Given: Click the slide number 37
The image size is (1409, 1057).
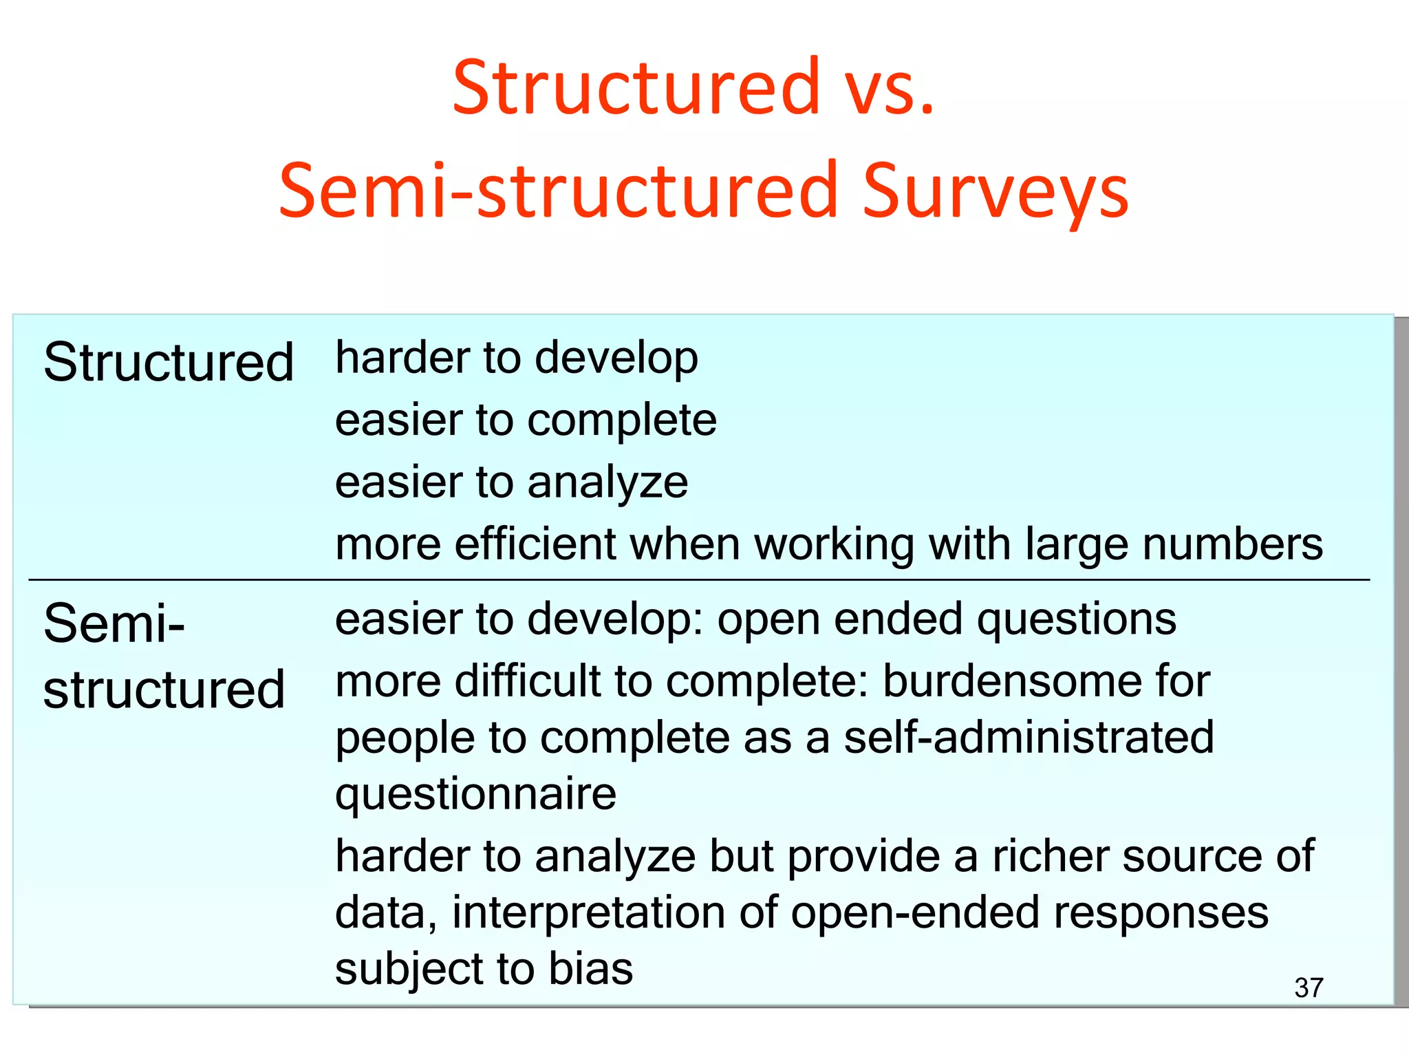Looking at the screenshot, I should (x=1309, y=988).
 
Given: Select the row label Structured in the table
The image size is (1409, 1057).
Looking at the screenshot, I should (x=169, y=363).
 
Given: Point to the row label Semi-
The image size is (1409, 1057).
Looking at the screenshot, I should (x=114, y=623).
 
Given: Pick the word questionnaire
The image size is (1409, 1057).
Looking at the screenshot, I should (x=475, y=795).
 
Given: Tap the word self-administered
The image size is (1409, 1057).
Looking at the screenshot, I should (x=1029, y=738).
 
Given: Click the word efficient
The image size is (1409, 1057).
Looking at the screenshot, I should (x=537, y=544).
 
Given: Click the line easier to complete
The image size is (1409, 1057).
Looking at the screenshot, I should (x=526, y=420).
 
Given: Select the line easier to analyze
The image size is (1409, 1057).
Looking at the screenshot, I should (x=511, y=482).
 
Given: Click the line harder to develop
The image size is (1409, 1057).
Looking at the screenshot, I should (x=517, y=359).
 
